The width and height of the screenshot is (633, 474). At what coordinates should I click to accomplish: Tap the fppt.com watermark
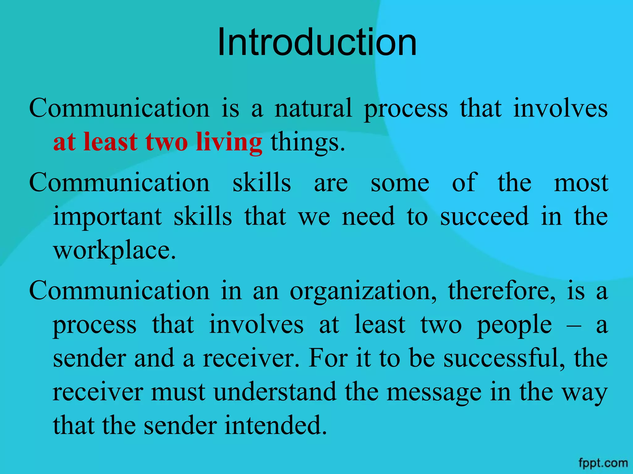(x=603, y=463)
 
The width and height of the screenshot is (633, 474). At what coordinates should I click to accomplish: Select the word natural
(x=313, y=109)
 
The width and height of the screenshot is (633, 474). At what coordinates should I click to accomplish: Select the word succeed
(x=485, y=216)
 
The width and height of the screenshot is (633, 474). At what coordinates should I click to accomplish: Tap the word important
(x=108, y=217)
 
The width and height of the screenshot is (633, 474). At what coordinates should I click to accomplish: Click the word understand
(x=275, y=392)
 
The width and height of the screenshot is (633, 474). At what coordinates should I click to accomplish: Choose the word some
(x=400, y=183)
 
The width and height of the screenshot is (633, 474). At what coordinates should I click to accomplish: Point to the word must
(x=178, y=392)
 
